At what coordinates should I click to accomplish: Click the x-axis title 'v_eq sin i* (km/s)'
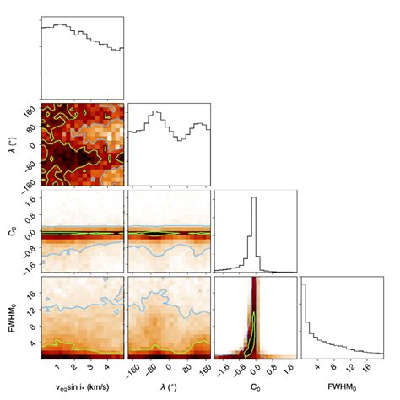(x=81, y=390)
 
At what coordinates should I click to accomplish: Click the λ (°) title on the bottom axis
(x=168, y=390)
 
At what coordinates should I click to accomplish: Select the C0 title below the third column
(x=255, y=390)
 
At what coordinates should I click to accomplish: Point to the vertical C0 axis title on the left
(x=11, y=230)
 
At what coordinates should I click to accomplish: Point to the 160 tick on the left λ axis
(x=27, y=109)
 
